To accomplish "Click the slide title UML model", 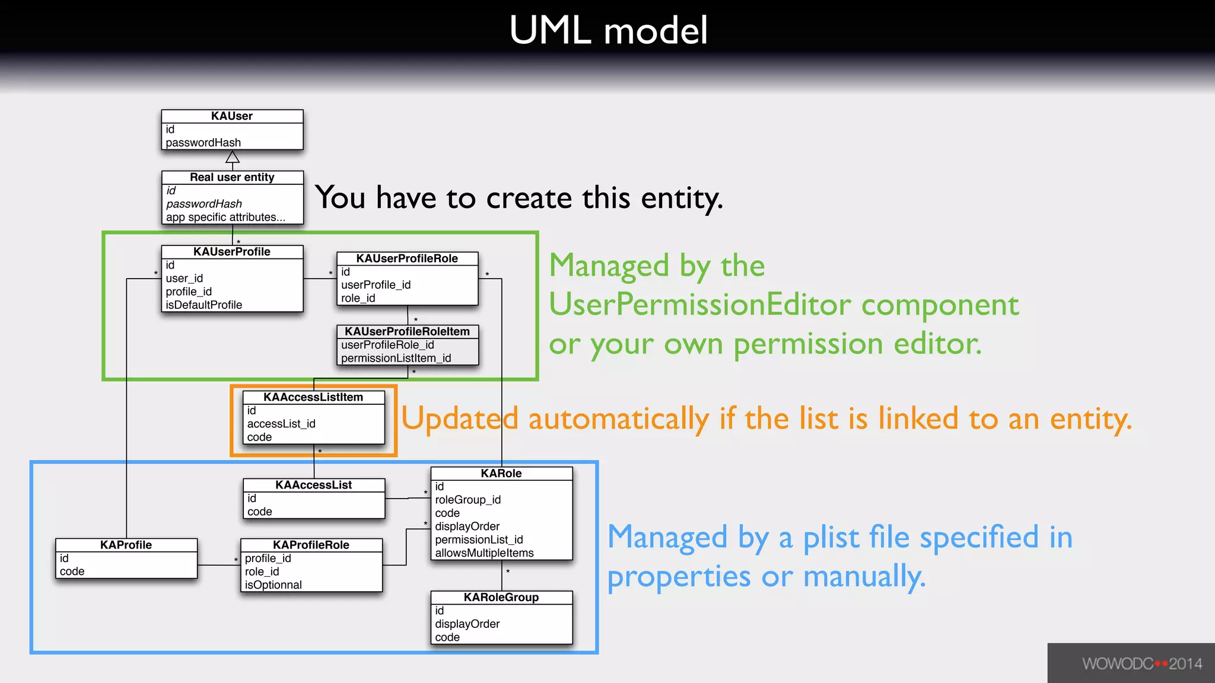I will tap(608, 31).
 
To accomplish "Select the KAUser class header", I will tap(232, 116).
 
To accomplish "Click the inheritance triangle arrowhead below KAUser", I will tap(233, 157).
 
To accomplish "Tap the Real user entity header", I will tap(232, 177).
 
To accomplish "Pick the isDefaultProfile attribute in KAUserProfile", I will tap(204, 305).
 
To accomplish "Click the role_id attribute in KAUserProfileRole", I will tap(358, 298).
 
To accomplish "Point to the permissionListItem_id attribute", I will tap(396, 358).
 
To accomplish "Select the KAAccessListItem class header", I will tap(313, 397).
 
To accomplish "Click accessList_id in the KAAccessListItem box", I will tap(281, 424).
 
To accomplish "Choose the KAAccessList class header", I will tap(313, 485).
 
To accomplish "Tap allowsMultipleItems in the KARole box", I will tap(484, 553).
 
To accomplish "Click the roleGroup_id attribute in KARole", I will tap(467, 500).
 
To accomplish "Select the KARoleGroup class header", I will tap(501, 598).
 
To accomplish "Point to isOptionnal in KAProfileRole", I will tap(273, 585).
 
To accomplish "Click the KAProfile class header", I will tap(126, 545).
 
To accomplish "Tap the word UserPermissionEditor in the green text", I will tap(700, 305).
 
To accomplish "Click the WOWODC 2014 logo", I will tap(1141, 663).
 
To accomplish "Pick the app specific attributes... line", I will tap(225, 218).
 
